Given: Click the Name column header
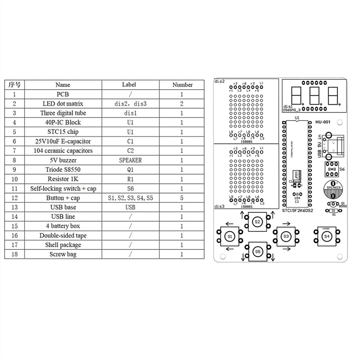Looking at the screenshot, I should point(63,85).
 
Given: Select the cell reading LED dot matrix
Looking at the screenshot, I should point(63,104).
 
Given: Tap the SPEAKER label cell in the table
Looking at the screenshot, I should point(130,160).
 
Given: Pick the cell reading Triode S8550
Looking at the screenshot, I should point(63,169).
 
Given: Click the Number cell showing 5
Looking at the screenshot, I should point(181,198).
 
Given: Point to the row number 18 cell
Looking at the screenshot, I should point(14,254).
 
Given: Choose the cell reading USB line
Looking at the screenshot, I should point(63,217).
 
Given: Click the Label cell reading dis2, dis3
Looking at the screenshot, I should point(130,104).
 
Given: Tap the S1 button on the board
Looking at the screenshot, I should point(230,236).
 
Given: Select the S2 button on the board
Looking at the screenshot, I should point(257,222).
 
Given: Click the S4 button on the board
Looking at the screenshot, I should point(327,236).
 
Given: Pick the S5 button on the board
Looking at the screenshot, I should point(257,251).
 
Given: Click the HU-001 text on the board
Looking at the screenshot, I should point(323,122).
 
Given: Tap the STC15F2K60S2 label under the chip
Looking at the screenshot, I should point(297,211).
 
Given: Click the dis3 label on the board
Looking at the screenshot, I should point(219,206).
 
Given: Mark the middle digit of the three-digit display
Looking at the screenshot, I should point(314,96).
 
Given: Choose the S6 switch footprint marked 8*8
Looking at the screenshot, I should point(332,169).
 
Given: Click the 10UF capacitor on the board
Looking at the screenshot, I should point(296,175).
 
